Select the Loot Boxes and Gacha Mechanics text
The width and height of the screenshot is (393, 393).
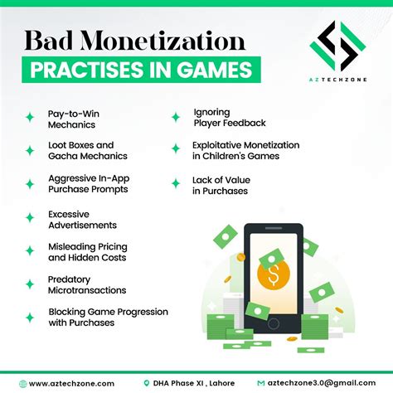pyautogui.click(x=87, y=149)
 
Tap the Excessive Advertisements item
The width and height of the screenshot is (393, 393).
pyautogui.click(x=81, y=218)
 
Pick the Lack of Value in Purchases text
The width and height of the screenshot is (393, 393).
pyautogui.click(x=221, y=186)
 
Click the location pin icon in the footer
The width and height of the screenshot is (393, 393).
pyautogui.click(x=146, y=383)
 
